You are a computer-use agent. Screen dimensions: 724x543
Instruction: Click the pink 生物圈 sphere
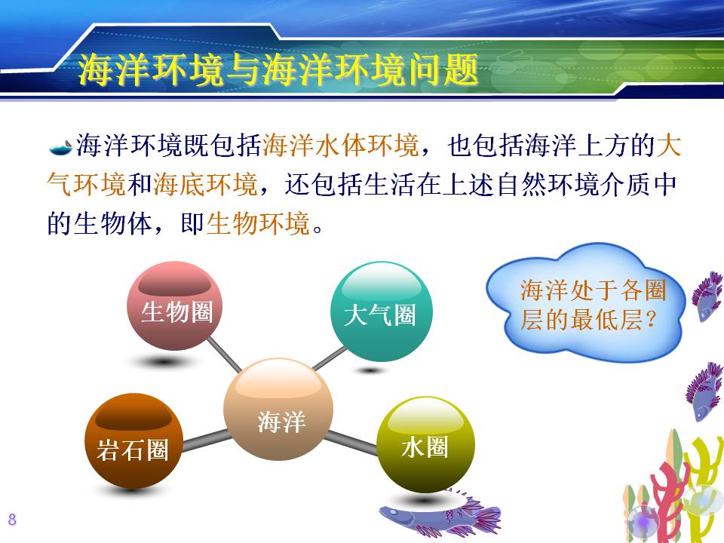[175, 305]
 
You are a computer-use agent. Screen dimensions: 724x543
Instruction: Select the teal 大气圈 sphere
[382, 311]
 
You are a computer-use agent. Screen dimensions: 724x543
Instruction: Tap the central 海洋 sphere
[278, 409]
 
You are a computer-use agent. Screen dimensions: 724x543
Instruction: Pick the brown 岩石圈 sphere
[134, 441]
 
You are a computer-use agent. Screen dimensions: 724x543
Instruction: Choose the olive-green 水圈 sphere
[425, 445]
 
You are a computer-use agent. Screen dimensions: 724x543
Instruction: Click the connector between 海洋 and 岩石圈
[205, 440]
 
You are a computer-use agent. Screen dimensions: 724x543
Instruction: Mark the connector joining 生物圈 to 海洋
[224, 354]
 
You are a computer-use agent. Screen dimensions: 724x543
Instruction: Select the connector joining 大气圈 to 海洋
[330, 358]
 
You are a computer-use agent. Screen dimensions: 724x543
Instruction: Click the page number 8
[12, 519]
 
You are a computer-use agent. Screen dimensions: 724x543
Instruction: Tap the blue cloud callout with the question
[585, 302]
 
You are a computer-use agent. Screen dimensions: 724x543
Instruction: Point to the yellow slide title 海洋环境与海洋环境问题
[278, 69]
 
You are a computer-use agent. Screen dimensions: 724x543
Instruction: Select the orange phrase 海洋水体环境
[341, 145]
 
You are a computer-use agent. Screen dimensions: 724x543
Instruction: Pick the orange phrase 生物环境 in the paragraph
[258, 223]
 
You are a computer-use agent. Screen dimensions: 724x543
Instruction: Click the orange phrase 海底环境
[205, 184]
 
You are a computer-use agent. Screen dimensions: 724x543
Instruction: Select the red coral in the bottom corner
[667, 503]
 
